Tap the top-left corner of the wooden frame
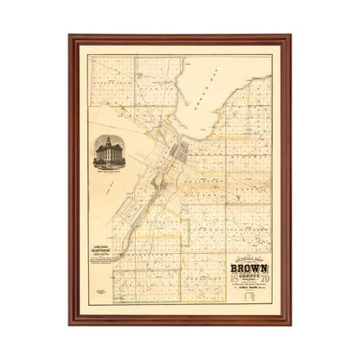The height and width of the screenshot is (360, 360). (x=69, y=37)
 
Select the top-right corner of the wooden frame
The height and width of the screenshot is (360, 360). (x=290, y=37)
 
